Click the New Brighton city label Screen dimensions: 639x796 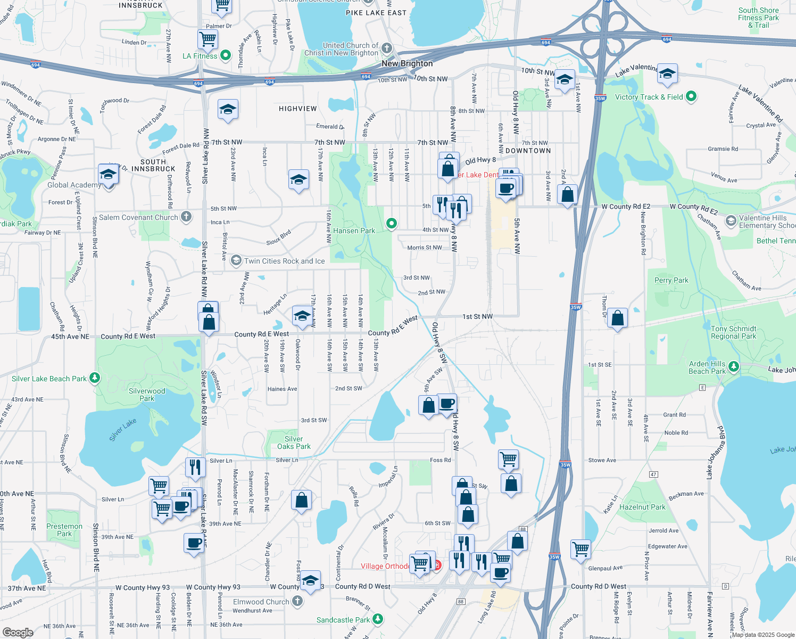(407, 63)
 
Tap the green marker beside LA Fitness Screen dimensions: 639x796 (226, 55)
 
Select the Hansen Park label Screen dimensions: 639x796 (354, 231)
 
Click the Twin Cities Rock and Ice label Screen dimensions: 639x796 (284, 261)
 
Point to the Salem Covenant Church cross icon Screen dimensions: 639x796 (186, 217)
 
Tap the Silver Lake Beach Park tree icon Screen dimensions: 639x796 (95, 378)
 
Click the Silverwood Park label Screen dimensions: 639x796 (147, 395)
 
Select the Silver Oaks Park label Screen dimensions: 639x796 (294, 443)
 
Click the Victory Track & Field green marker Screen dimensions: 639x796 (691, 96)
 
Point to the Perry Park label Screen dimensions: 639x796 (671, 280)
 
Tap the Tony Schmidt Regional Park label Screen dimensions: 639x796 (733, 332)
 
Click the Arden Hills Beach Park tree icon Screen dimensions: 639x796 (734, 366)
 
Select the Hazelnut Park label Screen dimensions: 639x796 (642, 507)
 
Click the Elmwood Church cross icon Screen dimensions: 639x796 (297, 601)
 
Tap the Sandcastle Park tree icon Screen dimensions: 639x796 (378, 619)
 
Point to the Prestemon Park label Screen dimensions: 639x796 (64, 530)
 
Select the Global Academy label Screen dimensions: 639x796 (74, 185)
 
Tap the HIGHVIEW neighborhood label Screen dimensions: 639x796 (297, 109)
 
